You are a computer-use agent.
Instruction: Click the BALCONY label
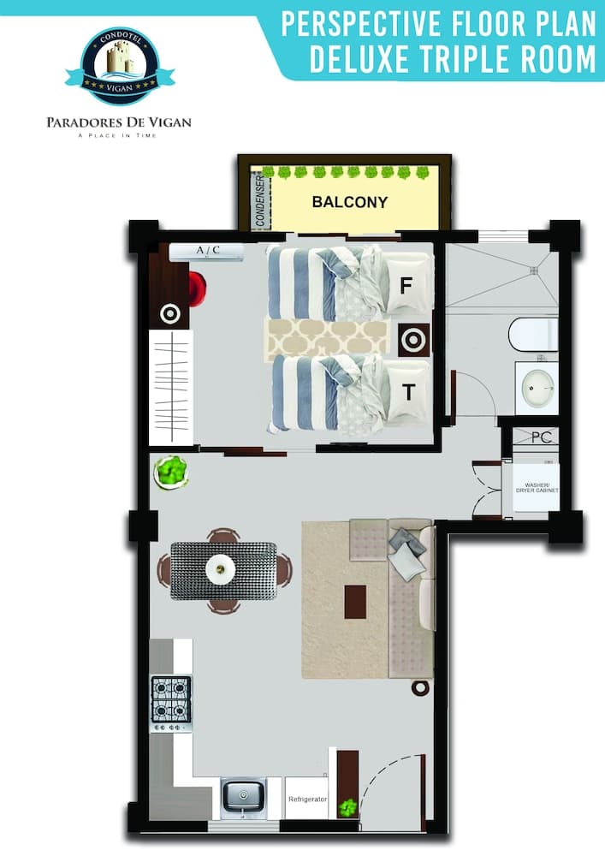349,203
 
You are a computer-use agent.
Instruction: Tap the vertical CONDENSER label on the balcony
260,202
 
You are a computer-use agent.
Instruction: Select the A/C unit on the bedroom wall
206,251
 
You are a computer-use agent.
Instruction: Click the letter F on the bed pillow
406,286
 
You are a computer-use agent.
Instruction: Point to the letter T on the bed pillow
409,392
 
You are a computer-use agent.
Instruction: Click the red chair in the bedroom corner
198,288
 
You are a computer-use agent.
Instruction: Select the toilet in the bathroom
533,334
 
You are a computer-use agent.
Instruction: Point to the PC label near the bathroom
541,437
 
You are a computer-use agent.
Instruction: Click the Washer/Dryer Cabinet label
537,489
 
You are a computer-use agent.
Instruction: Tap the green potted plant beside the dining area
171,472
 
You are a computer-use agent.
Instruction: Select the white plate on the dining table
222,568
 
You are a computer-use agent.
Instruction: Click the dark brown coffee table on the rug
355,601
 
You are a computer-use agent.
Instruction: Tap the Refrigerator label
307,799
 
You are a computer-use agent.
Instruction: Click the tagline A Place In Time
117,136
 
